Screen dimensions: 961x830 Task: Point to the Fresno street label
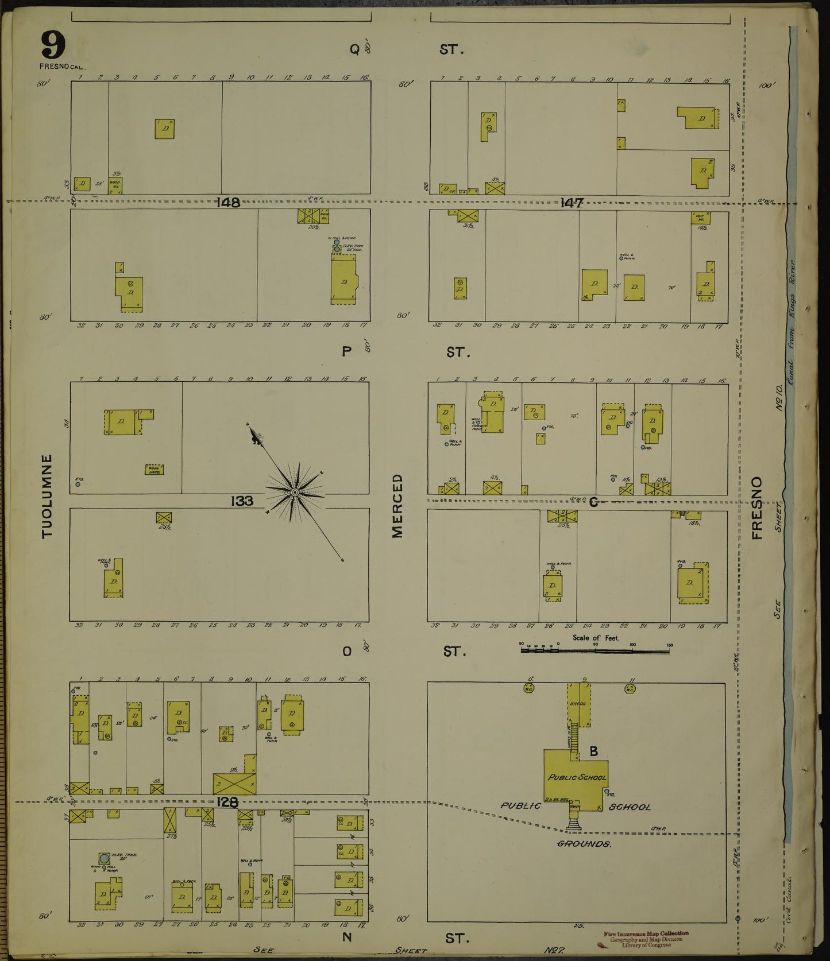click(x=756, y=508)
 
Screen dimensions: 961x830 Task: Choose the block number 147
click(x=573, y=202)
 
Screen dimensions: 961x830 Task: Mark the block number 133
click(x=242, y=501)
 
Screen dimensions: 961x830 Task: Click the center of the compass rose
click(x=295, y=493)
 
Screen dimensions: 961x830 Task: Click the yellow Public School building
click(x=576, y=778)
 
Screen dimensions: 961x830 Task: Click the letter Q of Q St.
click(x=354, y=50)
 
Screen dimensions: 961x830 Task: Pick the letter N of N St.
click(x=347, y=938)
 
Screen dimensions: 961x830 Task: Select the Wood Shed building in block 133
click(x=154, y=470)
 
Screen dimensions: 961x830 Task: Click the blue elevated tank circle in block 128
click(x=105, y=858)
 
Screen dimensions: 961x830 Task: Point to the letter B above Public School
click(x=594, y=750)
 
